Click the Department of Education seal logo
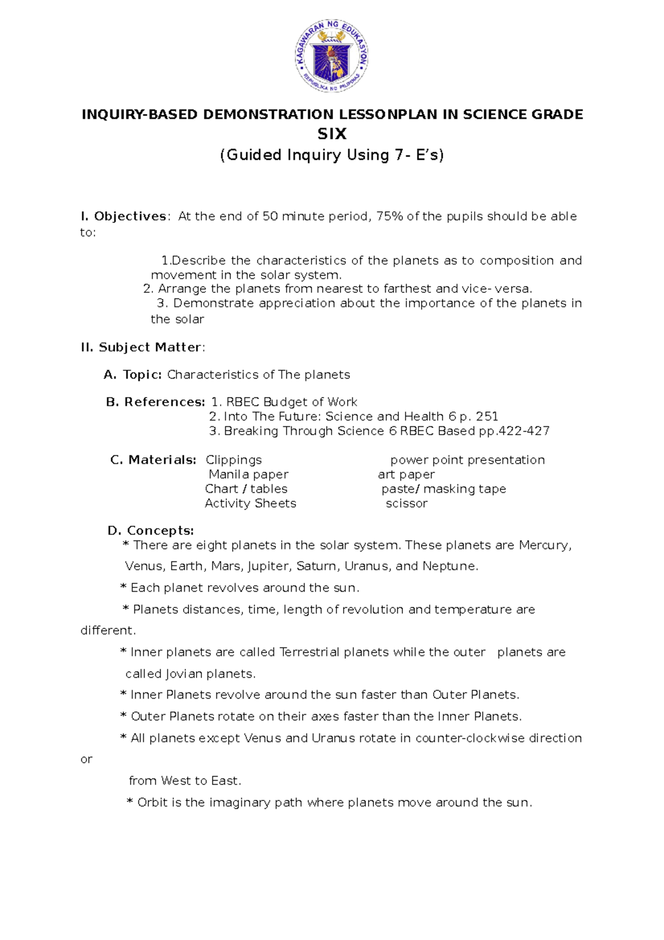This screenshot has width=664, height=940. tap(331, 57)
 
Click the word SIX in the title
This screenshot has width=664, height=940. tap(331, 134)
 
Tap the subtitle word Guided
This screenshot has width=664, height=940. tap(254, 155)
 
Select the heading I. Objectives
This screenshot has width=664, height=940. tap(123, 216)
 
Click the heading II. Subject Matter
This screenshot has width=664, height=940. tap(142, 348)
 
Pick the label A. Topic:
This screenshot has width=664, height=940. tap(133, 375)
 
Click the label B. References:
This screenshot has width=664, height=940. tap(155, 402)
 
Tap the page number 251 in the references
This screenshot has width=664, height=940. tap(487, 416)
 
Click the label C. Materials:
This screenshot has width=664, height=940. tap(153, 460)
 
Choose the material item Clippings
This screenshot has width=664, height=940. tap(234, 460)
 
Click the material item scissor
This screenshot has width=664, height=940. tap(407, 504)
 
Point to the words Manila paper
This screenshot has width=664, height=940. tap(248, 474)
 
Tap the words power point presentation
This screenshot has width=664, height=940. tap(468, 460)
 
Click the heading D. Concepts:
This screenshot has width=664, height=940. tap(151, 531)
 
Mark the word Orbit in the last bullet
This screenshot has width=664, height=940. tap(152, 803)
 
